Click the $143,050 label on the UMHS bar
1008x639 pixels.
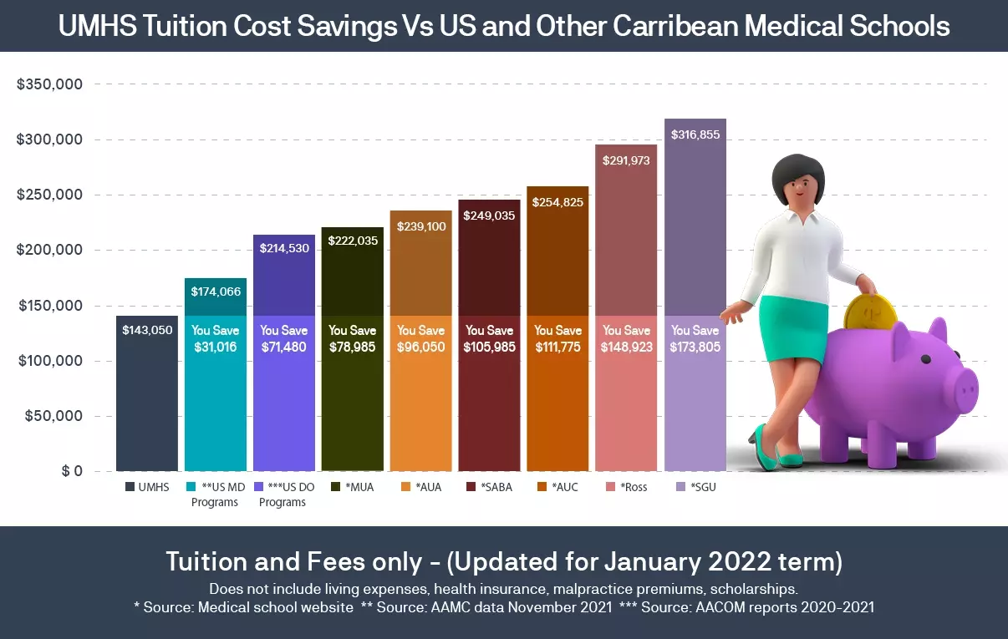147,330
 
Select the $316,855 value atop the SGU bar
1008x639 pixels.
695,134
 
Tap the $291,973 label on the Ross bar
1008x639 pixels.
626,161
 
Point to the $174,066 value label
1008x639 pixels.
216,292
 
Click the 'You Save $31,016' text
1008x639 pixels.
216,338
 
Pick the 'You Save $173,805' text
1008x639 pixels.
695,338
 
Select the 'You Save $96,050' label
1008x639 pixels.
421,338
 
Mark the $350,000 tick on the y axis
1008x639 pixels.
49,84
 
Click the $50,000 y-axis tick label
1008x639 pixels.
53,416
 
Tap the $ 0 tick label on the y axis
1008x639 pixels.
71,471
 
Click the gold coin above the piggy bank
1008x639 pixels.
869,314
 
